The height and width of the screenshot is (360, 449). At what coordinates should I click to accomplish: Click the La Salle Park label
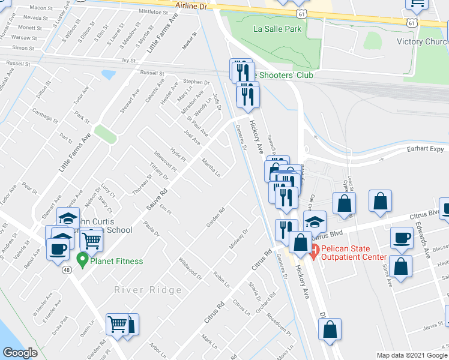tap(277, 28)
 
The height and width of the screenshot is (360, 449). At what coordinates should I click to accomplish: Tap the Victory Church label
tap(423, 41)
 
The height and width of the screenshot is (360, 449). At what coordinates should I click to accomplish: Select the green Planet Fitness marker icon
tap(82, 261)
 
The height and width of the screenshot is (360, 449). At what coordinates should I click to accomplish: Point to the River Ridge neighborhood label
tap(148, 290)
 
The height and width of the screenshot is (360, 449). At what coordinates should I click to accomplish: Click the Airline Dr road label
tap(191, 5)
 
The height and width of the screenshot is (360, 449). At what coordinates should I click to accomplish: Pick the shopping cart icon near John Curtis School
tap(91, 240)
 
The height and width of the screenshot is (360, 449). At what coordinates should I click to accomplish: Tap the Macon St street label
tap(41, 8)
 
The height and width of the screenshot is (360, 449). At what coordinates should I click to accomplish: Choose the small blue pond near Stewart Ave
tap(109, 74)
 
